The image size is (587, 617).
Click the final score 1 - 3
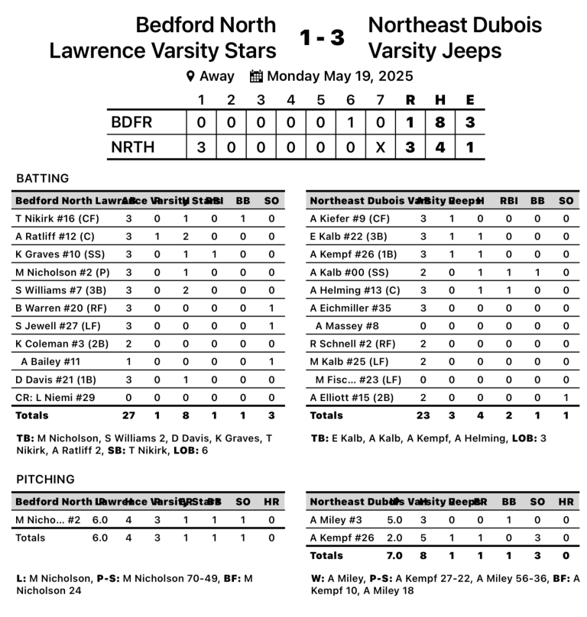coord(322,37)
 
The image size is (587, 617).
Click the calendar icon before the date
coord(257,76)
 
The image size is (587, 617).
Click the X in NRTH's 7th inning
coord(380,147)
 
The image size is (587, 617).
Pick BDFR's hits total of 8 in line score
coord(440,122)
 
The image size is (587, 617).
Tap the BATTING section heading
coord(43,178)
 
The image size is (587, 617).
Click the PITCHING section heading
coord(45,479)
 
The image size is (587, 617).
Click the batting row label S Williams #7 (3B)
coord(57,289)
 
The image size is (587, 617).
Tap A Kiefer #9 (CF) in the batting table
coord(344,218)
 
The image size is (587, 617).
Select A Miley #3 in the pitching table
coord(336,519)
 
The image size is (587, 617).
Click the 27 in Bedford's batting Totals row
coord(128,415)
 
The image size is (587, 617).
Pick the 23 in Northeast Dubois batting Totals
coord(423,415)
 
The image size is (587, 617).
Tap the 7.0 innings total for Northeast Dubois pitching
coord(395,555)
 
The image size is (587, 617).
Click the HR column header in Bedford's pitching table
coord(271,501)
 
